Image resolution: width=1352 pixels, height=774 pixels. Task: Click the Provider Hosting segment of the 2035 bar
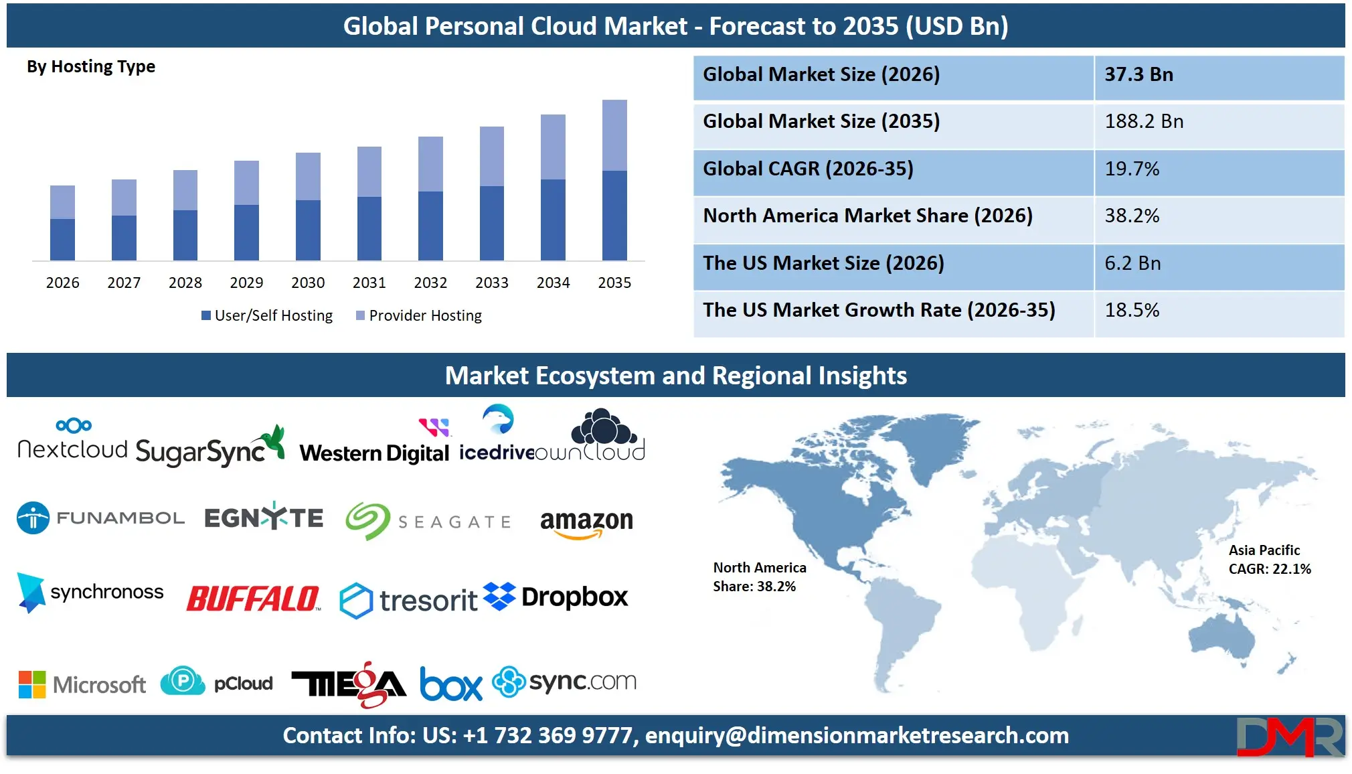pyautogui.click(x=614, y=135)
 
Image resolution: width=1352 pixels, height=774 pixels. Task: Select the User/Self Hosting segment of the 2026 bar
pyautogui.click(x=62, y=239)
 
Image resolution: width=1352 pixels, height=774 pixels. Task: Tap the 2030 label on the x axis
pyautogui.click(x=308, y=283)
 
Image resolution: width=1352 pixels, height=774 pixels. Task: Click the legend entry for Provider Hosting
pyautogui.click(x=419, y=315)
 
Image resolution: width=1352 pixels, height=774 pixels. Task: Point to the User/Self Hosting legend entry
pyautogui.click(x=267, y=315)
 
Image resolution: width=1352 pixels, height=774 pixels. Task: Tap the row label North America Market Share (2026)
pyautogui.click(x=867, y=216)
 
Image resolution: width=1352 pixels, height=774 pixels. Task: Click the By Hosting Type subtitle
pyautogui.click(x=91, y=67)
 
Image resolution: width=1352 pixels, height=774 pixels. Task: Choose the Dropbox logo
pyautogui.click(x=556, y=597)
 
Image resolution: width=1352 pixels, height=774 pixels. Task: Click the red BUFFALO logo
pyautogui.click(x=253, y=599)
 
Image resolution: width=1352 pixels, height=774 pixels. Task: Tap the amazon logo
pyautogui.click(x=586, y=523)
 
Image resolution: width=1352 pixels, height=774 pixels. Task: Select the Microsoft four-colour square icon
pyautogui.click(x=32, y=684)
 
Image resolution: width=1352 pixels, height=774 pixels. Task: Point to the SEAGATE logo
pyautogui.click(x=428, y=521)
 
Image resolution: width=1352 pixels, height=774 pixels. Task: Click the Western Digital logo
pyautogui.click(x=375, y=445)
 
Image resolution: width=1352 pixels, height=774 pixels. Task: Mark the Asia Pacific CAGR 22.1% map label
pyautogui.click(x=1269, y=560)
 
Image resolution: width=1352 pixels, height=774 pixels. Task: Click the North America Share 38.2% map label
pyautogui.click(x=759, y=577)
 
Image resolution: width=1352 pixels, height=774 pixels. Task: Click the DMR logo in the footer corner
pyautogui.click(x=1289, y=737)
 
